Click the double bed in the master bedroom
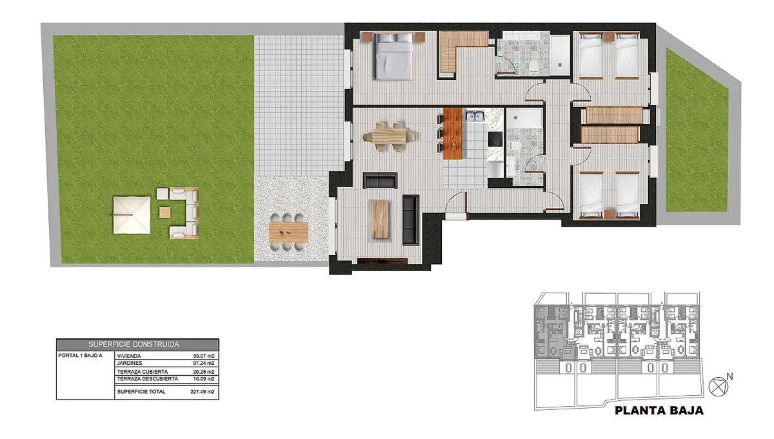point(394,56)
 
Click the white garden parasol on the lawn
point(132,215)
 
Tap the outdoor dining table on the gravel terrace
point(288,232)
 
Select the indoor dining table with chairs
point(390,137)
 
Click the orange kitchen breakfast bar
point(453,134)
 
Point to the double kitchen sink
point(475,116)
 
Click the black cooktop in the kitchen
point(495,139)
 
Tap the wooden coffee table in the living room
point(380,219)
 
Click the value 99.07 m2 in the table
point(204,356)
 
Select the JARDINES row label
point(130,363)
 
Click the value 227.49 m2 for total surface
point(202,392)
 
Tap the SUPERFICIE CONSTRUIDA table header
point(134,344)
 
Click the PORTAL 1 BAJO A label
point(80,355)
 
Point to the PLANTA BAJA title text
point(659,411)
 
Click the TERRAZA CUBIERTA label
point(143,372)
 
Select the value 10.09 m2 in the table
point(204,379)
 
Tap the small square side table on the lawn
point(164,212)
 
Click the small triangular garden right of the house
point(696,134)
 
